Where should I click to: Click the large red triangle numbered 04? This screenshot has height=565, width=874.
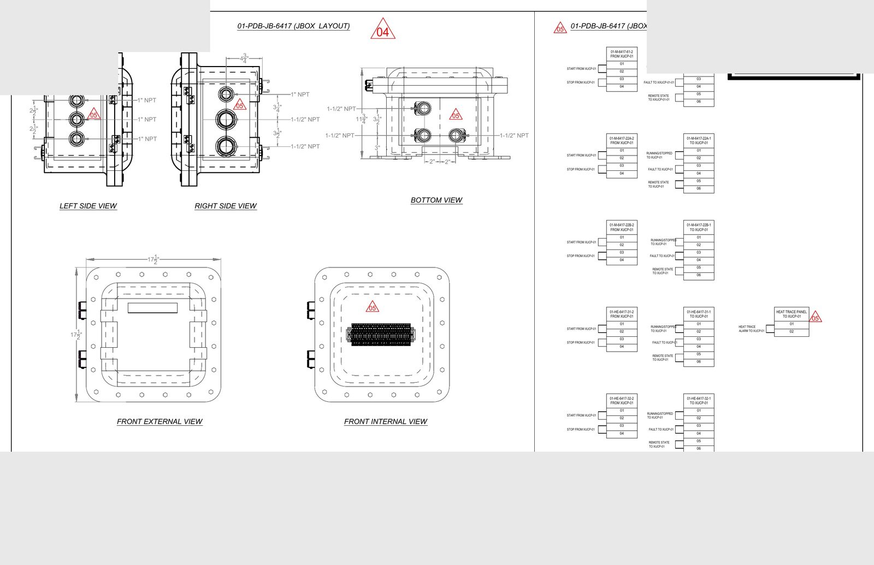(383, 30)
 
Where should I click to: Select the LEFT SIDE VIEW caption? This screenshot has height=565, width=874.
(88, 206)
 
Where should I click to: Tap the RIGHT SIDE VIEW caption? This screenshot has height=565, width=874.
(226, 206)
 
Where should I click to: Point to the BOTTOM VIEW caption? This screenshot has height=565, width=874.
(436, 200)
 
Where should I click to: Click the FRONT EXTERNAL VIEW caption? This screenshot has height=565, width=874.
(160, 421)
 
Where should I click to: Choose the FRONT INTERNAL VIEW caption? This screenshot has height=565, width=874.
(386, 421)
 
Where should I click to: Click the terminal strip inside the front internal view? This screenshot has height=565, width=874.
(380, 334)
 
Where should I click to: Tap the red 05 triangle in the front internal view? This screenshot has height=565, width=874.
(373, 307)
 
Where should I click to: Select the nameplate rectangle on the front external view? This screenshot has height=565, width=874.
(152, 308)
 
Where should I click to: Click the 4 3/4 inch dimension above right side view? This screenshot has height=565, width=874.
(245, 58)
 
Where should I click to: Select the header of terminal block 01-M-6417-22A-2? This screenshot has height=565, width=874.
(622, 141)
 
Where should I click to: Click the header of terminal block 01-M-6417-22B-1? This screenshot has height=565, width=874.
(699, 227)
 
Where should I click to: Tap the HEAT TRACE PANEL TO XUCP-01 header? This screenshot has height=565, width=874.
(792, 314)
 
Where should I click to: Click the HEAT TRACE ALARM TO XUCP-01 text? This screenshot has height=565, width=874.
(751, 329)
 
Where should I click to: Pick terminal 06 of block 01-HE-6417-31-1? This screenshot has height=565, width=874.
(699, 362)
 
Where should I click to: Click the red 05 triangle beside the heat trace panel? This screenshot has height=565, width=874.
(815, 317)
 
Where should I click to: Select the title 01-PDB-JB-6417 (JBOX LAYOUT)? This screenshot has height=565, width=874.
(293, 26)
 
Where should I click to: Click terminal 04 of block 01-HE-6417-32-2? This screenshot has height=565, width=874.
(622, 433)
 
